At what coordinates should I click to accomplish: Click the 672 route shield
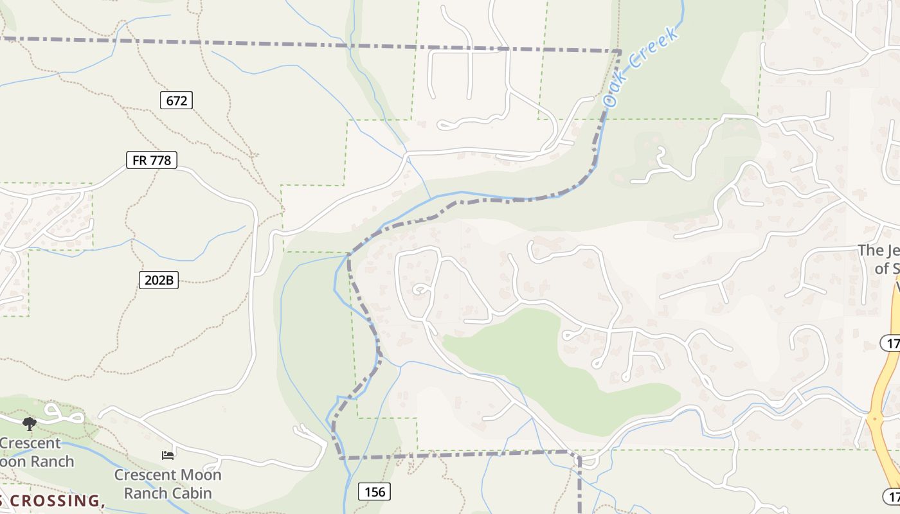click(176, 100)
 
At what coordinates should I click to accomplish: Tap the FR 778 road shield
click(152, 160)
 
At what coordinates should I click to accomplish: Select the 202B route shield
click(158, 280)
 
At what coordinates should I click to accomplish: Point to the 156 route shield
click(374, 492)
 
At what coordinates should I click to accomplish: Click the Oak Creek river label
click(641, 67)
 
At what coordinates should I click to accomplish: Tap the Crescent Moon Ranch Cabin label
click(168, 484)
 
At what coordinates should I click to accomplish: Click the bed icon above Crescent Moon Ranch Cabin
click(168, 456)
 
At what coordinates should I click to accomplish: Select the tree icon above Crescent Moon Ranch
click(29, 423)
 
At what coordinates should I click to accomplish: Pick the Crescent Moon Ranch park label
click(32, 452)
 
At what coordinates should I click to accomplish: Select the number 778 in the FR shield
click(161, 160)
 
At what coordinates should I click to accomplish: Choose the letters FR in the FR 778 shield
click(139, 160)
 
